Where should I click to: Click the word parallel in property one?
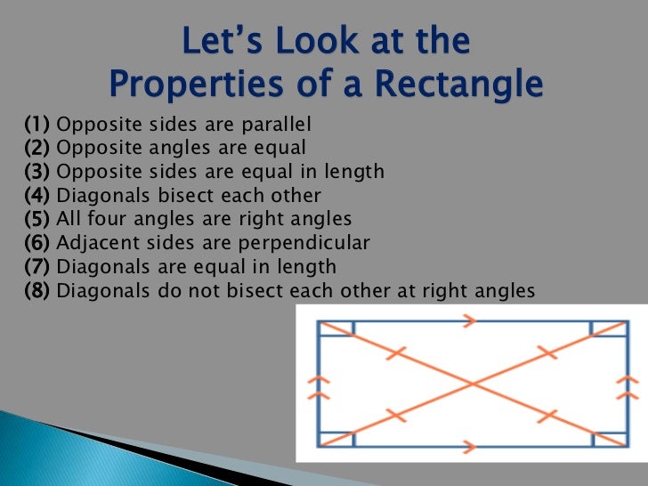[276, 124]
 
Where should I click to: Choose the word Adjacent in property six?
[89, 242]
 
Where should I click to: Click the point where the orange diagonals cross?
[472, 385]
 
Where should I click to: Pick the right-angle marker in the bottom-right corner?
[609, 440]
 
